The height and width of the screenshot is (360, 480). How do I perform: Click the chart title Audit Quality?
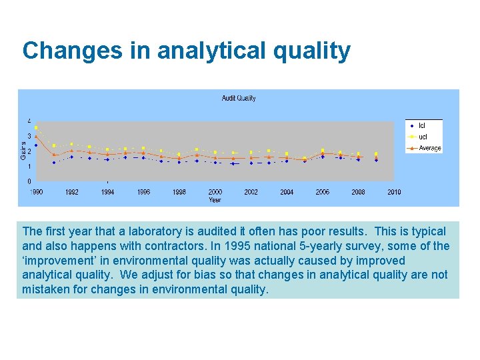coord(239,98)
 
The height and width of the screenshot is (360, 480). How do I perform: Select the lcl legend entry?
coord(422,125)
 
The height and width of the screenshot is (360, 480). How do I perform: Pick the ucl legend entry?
coord(423,137)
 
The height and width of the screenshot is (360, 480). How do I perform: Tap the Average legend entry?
coord(429,148)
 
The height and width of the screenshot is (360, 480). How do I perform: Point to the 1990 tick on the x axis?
coord(36,192)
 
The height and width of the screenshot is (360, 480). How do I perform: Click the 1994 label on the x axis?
coord(107,192)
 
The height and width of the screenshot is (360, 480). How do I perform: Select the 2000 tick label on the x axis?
coord(215,192)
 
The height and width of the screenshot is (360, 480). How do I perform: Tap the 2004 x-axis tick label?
coord(287,192)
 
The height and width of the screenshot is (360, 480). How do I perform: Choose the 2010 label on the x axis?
coord(394,192)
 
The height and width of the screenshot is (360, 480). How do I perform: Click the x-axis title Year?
coord(215,199)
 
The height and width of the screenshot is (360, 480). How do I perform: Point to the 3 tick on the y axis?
coord(29,136)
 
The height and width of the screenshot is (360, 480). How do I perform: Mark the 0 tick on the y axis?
coord(29,181)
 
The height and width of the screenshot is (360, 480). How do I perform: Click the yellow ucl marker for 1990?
coord(36,127)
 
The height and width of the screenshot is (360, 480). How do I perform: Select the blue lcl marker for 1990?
coord(36,145)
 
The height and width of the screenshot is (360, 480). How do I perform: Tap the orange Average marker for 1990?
coord(36,136)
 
